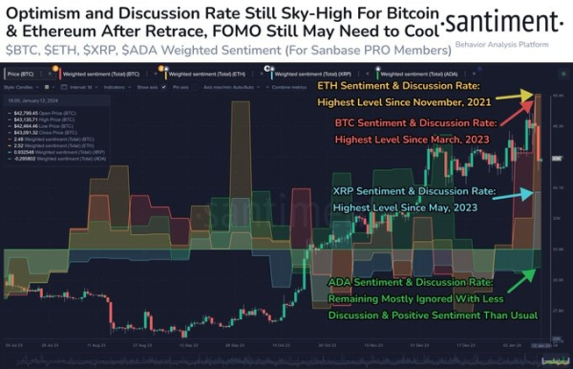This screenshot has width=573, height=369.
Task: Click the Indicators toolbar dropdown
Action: (x=113, y=85)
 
